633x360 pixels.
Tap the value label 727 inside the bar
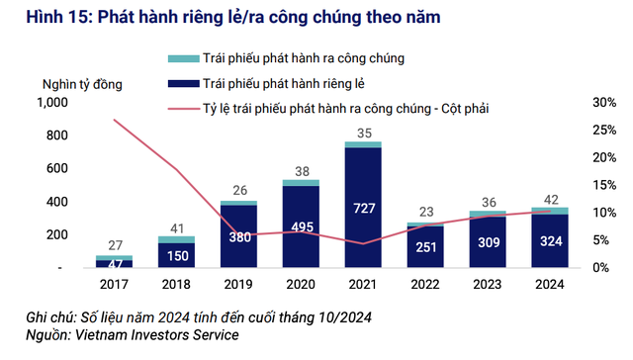click(x=363, y=209)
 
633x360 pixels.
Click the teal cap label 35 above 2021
click(x=364, y=133)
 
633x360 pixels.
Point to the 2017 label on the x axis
click(x=115, y=286)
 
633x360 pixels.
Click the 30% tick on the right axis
click(x=604, y=102)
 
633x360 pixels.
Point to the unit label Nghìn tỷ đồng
click(x=81, y=84)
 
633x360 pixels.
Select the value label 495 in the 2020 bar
click(x=301, y=228)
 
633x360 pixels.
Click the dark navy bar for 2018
click(x=176, y=255)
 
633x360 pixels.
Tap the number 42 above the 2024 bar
click(x=549, y=199)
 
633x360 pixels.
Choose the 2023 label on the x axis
click(x=487, y=286)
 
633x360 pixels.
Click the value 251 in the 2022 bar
click(x=425, y=247)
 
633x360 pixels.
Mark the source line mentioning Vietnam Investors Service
click(x=134, y=335)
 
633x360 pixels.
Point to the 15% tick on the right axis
click(x=604, y=185)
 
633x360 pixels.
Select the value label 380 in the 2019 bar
click(x=238, y=237)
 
